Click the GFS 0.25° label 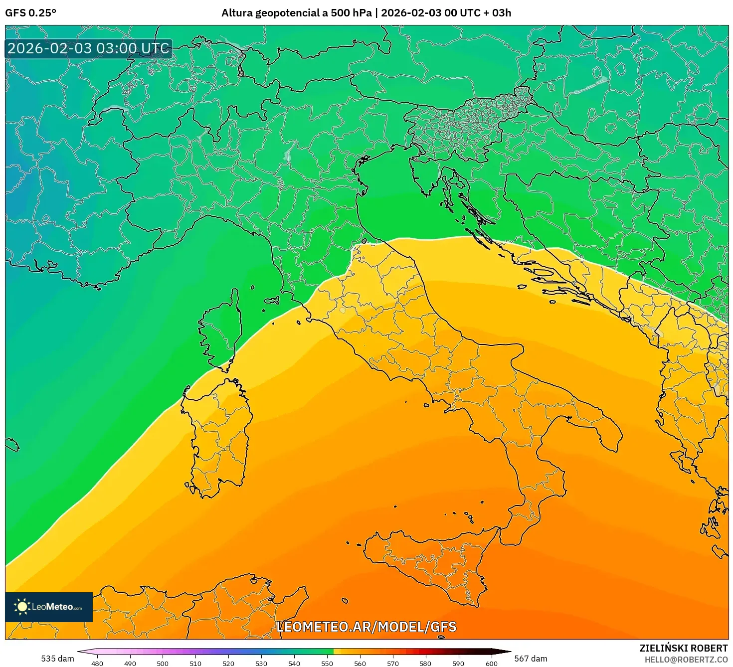coord(30,13)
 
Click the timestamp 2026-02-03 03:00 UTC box coord(89,49)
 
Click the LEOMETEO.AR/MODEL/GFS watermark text coord(366,627)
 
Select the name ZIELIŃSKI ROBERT coord(684,648)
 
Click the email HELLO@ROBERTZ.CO coord(686,660)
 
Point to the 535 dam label coord(57,659)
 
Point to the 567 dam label coord(531,659)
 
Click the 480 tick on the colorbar coord(97,663)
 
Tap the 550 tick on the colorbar coord(327,663)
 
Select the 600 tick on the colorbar coord(491,663)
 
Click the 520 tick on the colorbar coord(228,663)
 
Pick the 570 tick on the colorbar coord(392,663)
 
